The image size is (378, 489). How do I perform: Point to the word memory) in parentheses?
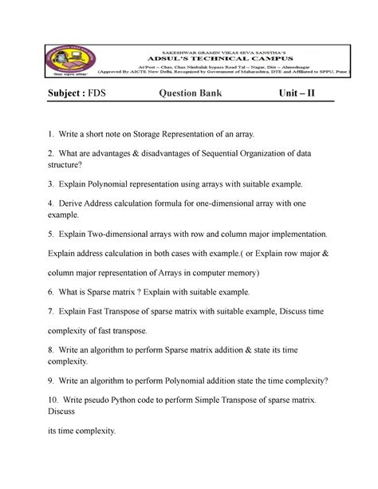pos(260,272)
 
